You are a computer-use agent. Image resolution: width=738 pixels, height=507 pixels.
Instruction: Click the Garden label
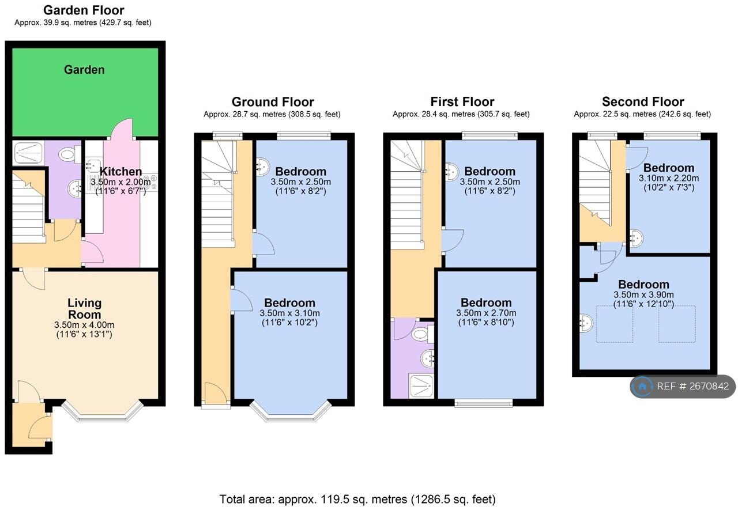pyautogui.click(x=84, y=70)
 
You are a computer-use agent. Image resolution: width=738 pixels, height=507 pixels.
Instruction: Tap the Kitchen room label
pyautogui.click(x=121, y=171)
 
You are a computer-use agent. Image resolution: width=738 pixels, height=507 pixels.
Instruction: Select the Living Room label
pyautogui.click(x=84, y=308)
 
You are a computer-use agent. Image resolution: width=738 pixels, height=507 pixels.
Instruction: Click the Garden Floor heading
pyautogui.click(x=84, y=10)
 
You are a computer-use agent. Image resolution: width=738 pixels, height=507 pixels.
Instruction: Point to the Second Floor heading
pyautogui.click(x=643, y=102)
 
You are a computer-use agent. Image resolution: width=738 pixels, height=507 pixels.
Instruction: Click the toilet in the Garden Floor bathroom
pyautogui.click(x=70, y=154)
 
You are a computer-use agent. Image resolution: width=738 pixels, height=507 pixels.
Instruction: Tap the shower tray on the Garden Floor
pyautogui.click(x=28, y=153)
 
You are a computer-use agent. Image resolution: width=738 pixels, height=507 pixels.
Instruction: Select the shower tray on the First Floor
pyautogui.click(x=421, y=386)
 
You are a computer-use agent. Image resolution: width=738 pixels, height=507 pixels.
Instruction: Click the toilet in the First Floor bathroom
pyautogui.click(x=423, y=335)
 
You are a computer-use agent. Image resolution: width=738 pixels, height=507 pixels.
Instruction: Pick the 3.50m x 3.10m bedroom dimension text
pyautogui.click(x=289, y=313)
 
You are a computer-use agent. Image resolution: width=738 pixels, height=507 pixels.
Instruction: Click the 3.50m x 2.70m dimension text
pyautogui.click(x=486, y=313)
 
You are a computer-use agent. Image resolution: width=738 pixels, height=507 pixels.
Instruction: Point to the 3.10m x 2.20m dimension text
pyautogui.click(x=668, y=178)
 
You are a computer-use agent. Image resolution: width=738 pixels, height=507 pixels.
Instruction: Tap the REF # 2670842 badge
pyautogui.click(x=683, y=386)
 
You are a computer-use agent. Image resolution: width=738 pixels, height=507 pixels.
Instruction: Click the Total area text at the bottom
pyautogui.click(x=357, y=499)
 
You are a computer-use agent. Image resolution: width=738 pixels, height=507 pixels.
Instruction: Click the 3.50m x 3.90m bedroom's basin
pyautogui.click(x=586, y=323)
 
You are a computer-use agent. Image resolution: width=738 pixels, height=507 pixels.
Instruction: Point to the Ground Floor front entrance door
pyautogui.click(x=216, y=392)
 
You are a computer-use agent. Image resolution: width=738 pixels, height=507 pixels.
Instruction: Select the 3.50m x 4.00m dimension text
pyautogui.click(x=84, y=325)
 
